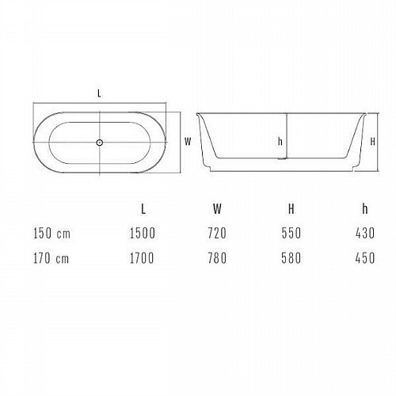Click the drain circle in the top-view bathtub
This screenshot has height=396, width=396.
[x=99, y=143]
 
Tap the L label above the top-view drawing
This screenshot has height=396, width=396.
[x=99, y=93]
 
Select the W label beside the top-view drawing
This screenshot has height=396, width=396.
[x=188, y=142]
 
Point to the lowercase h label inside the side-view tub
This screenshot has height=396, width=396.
[x=280, y=142]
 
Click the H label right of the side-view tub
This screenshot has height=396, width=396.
[x=373, y=142]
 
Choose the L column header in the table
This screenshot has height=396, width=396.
[x=143, y=209]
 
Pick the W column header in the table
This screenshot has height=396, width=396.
[x=217, y=209]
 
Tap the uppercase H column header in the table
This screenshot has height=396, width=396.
[x=291, y=209]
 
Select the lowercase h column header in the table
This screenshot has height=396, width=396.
[x=365, y=209]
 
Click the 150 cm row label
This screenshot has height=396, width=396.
[x=51, y=234]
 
